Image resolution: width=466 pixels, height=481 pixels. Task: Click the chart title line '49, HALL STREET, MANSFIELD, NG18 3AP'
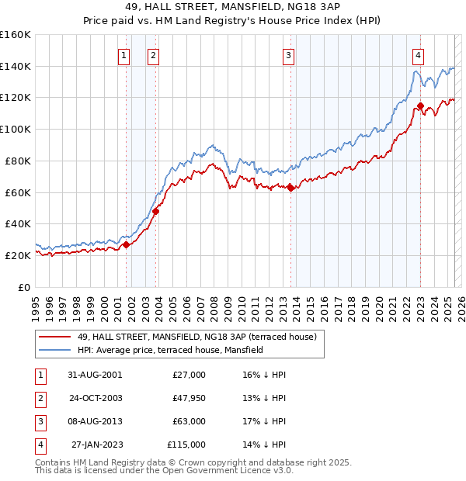232,8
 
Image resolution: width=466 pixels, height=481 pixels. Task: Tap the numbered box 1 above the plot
124,55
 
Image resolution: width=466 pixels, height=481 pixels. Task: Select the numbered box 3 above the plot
288,55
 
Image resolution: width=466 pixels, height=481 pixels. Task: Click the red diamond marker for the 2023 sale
420,106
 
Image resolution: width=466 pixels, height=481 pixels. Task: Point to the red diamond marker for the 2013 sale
290,187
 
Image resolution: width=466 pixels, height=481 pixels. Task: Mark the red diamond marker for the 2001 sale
127,244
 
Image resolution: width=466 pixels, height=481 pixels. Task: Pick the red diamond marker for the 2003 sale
156,211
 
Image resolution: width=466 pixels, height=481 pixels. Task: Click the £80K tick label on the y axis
16,161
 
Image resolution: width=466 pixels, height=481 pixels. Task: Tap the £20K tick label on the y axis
16,255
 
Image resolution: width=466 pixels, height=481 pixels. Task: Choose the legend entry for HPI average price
170,351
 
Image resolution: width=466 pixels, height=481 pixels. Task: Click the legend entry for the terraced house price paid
196,337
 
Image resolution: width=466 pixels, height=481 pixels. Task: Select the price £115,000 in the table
186,445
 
